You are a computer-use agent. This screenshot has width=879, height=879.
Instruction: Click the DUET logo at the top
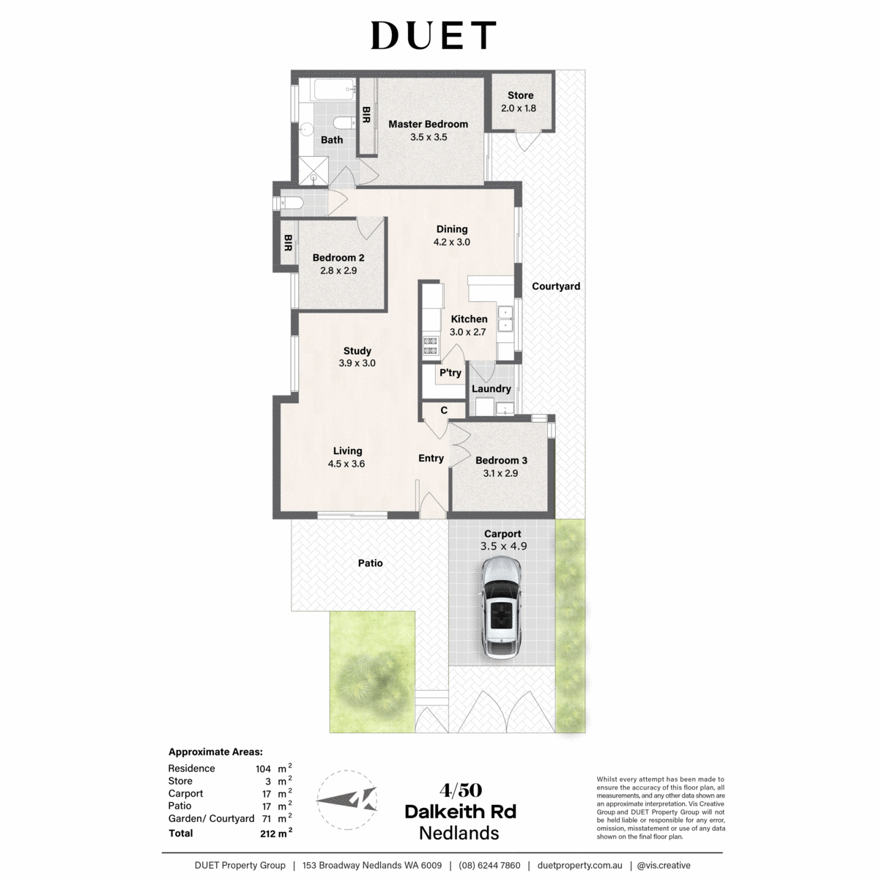coord(433,35)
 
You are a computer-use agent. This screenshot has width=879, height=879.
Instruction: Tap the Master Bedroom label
coord(428,124)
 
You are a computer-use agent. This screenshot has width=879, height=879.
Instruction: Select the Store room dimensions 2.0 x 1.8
coord(518,108)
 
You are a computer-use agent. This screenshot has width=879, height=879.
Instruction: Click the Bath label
coord(332,140)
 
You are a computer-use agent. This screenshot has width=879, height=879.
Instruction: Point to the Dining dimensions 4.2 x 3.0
coord(452,242)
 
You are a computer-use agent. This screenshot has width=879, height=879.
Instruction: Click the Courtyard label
coord(556,286)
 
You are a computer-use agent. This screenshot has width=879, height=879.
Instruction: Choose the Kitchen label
coord(469,319)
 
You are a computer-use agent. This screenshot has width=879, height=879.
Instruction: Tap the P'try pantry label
coord(450,373)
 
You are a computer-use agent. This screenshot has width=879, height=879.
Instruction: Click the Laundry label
coord(492,389)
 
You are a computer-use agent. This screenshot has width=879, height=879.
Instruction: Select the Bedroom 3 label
coord(501,461)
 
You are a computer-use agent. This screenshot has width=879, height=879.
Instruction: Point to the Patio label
coord(370,563)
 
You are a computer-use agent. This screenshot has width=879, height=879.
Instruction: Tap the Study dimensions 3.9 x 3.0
coord(357,363)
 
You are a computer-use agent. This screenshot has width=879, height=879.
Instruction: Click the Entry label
coord(431,459)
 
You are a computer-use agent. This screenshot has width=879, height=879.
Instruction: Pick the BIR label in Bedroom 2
coord(288,243)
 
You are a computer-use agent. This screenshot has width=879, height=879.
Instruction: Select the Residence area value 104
coord(263,769)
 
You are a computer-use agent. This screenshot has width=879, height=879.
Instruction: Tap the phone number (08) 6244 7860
coord(489,866)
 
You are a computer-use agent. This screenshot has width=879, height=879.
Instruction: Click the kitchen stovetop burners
coord(431,345)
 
